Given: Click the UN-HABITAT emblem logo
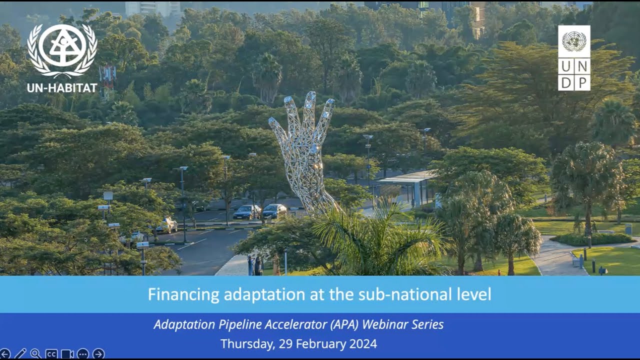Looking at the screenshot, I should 62,50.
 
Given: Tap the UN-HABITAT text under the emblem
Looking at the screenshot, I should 62,88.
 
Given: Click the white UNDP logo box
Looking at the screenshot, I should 574,58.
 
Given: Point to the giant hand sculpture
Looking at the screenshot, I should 303,145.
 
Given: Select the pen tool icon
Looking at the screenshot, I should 20,354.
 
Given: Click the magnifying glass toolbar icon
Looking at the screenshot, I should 35,354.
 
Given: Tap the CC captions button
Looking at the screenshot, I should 51,354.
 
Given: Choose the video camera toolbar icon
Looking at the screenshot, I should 67,354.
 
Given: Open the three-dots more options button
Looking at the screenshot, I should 83,354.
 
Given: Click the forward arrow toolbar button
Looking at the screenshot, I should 98,354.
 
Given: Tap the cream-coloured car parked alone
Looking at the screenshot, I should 166,225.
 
